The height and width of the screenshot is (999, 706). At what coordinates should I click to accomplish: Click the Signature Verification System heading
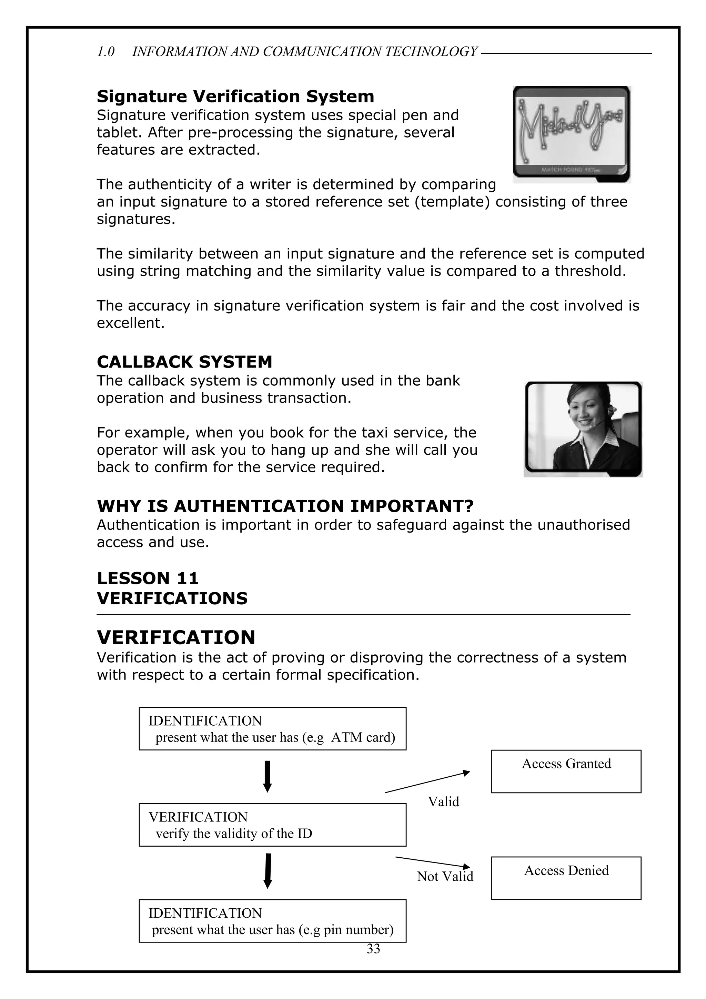click(235, 96)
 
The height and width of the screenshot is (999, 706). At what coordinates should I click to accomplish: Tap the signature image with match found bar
click(571, 134)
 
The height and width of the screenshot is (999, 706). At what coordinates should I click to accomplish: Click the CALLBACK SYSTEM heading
click(184, 362)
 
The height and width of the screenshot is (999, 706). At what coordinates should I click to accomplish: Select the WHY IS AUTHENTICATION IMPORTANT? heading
click(285, 506)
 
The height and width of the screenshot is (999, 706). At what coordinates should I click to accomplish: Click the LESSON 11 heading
click(148, 578)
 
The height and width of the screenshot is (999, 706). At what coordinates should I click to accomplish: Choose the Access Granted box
click(566, 771)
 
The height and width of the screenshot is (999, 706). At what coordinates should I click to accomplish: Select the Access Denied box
click(566, 878)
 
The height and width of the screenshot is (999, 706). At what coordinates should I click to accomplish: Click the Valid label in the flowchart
click(443, 802)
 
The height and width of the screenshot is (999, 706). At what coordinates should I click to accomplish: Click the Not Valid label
click(445, 876)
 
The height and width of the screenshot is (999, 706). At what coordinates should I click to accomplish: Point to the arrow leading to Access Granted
click(427, 781)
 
